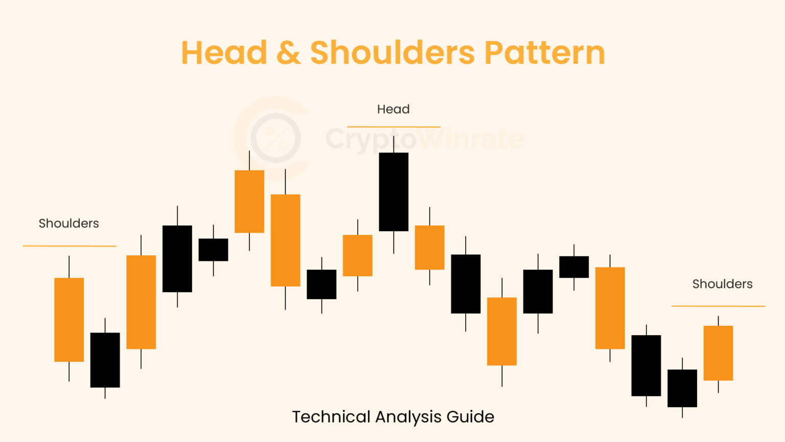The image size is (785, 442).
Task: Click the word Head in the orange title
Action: (224, 53)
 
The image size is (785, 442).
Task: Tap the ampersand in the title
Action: (288, 53)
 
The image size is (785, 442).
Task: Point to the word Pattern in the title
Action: (544, 53)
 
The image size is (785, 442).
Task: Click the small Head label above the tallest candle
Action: (393, 109)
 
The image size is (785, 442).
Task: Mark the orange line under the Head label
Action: (394, 126)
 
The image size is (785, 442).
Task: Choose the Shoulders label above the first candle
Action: (68, 224)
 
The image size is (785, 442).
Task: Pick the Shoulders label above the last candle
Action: (722, 284)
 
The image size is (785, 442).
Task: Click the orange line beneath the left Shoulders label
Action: (70, 246)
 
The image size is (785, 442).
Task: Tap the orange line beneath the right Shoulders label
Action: (718, 306)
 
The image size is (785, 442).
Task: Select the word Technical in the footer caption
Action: (331, 417)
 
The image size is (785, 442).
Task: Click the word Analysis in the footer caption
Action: (408, 417)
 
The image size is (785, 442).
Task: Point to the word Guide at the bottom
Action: (470, 417)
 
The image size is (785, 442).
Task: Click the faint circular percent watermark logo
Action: (275, 138)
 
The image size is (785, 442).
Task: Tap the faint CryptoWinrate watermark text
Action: (424, 139)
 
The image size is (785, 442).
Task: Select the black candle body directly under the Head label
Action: (394, 192)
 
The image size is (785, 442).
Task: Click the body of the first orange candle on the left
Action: (69, 320)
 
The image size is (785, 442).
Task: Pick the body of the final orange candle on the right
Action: (718, 353)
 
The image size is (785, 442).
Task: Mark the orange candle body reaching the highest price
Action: (249, 202)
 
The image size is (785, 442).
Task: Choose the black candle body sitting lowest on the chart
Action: (682, 388)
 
